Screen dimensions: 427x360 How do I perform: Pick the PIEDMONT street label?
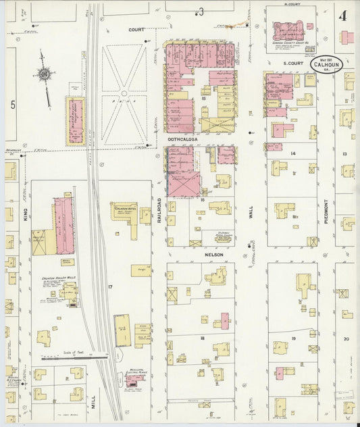tap(325, 211)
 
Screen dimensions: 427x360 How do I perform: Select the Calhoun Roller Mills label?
tap(64, 277)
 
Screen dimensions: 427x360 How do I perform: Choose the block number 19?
tap(294, 337)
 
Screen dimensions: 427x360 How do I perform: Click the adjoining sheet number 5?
tap(11, 105)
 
